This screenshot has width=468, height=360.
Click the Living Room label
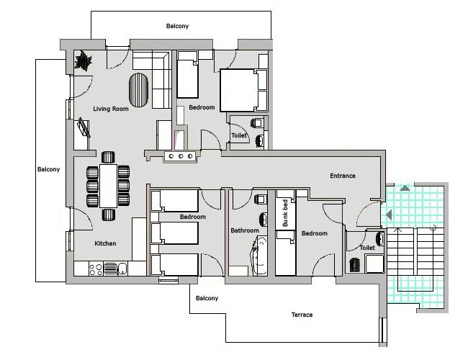[x=111, y=109]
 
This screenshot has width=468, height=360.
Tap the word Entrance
[x=343, y=176]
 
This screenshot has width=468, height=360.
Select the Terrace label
[x=302, y=315]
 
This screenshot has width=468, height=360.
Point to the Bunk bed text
[x=285, y=213]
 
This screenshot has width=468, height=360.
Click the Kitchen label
[x=105, y=243]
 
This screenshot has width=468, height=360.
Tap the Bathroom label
[x=245, y=230]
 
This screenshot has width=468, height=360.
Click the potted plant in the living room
[x=84, y=60]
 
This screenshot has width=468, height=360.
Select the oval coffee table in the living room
[x=138, y=90]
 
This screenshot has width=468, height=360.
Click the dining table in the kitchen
[x=108, y=186]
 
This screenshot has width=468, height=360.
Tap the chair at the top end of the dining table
[x=108, y=157]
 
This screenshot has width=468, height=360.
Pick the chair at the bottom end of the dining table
[x=108, y=215]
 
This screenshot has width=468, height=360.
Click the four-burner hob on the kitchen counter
[x=96, y=269]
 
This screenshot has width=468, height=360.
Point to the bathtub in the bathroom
[x=258, y=256]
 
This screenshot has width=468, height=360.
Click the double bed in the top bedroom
[x=243, y=91]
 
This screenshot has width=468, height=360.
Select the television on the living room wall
[x=84, y=127]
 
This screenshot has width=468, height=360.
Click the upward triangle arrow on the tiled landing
[x=405, y=188]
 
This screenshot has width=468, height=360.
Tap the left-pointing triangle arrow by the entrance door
[x=389, y=215]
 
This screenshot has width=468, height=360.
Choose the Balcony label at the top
[x=178, y=26]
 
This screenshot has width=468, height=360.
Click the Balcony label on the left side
[x=49, y=169]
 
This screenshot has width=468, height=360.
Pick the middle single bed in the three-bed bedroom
[x=175, y=233]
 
